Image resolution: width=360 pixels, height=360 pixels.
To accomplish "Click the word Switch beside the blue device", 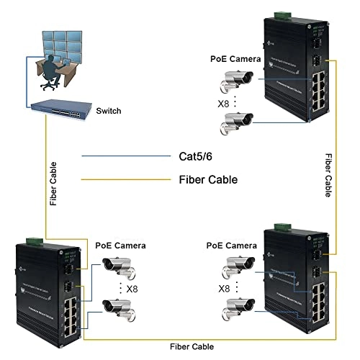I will (x=107, y=111).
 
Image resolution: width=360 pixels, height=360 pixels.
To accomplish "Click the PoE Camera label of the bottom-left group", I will (x=121, y=246).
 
